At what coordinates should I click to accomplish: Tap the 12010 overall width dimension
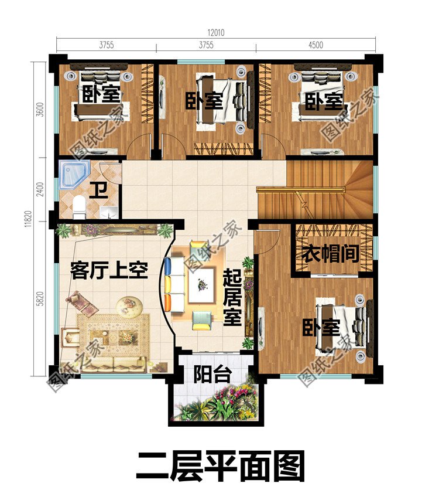(216, 33)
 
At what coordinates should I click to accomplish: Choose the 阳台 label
(212, 375)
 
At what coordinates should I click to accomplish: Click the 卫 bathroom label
(98, 191)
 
